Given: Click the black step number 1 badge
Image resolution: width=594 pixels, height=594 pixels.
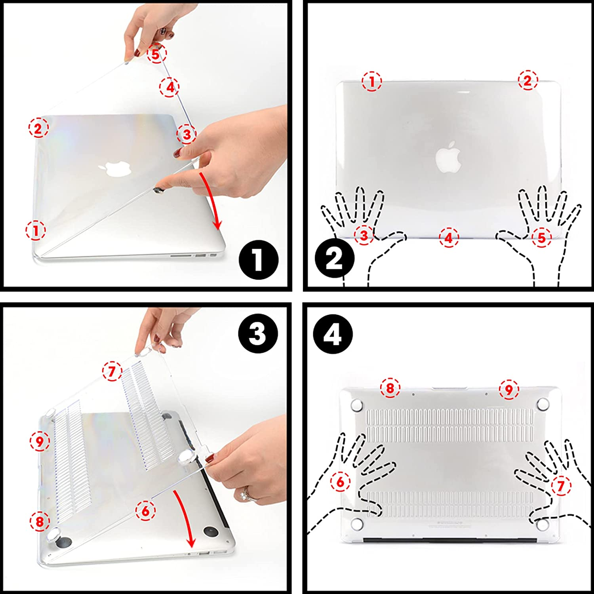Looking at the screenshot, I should pyautogui.click(x=259, y=260).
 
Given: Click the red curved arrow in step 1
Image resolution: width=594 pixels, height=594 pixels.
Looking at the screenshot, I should pyautogui.click(x=211, y=200).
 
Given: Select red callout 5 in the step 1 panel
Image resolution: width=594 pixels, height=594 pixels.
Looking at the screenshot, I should pyautogui.click(x=156, y=54).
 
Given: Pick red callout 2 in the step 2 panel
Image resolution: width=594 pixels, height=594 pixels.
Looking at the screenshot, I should pyautogui.click(x=527, y=81).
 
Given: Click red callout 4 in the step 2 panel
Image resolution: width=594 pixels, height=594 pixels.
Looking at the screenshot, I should pyautogui.click(x=448, y=238).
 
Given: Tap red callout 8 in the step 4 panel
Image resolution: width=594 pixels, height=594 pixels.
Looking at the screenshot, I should pyautogui.click(x=390, y=388).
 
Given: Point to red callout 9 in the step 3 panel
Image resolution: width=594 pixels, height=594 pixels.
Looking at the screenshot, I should pyautogui.click(x=40, y=441).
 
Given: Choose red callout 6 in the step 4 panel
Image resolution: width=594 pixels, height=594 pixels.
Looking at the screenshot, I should pyautogui.click(x=341, y=482).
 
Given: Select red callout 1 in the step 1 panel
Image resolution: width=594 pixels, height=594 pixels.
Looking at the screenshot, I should pyautogui.click(x=36, y=230).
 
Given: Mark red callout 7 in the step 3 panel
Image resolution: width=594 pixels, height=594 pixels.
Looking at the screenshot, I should pyautogui.click(x=112, y=371).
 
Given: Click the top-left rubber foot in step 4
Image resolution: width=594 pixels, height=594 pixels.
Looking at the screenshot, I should pyautogui.click(x=358, y=405).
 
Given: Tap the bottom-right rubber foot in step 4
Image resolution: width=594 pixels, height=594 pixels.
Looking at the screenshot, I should pyautogui.click(x=543, y=525).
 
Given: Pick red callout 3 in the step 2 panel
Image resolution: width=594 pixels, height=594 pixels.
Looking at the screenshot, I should pyautogui.click(x=364, y=236).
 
